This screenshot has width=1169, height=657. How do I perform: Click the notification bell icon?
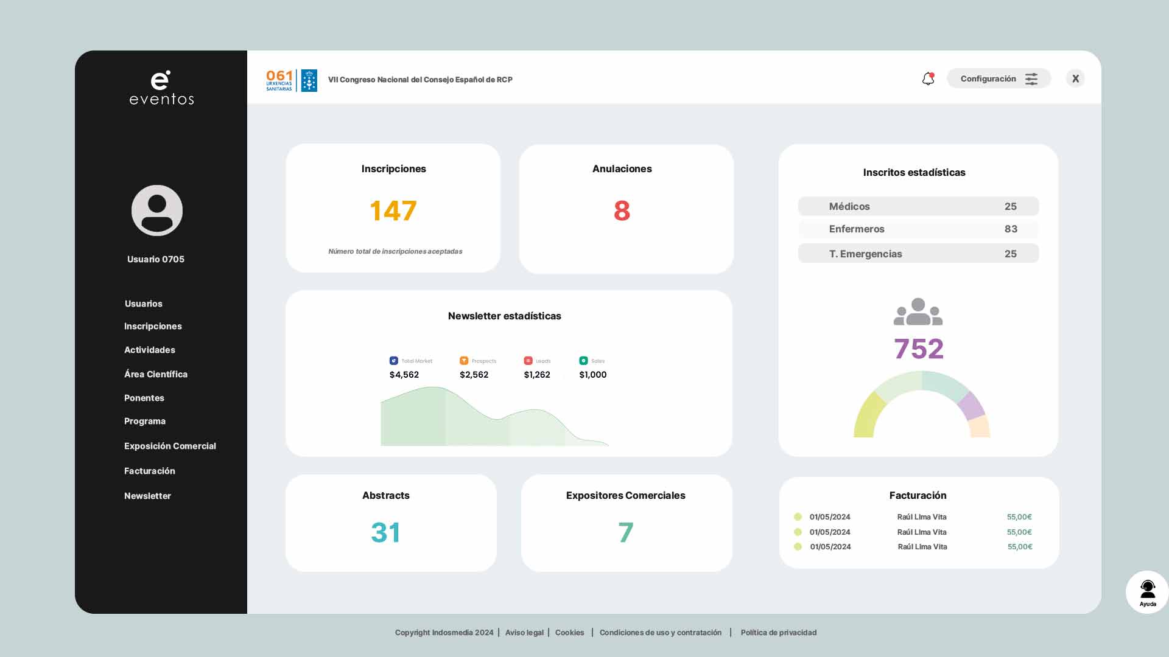(928, 79)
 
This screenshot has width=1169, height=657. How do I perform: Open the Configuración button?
(999, 78)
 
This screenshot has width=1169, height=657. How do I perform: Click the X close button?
(1075, 78)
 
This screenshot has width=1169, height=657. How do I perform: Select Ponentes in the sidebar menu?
(144, 398)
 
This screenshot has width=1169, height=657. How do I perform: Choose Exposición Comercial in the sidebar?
(170, 446)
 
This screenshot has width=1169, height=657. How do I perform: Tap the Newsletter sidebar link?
(147, 496)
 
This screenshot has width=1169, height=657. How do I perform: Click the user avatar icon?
(157, 210)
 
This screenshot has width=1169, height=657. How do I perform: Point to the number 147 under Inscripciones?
(393, 211)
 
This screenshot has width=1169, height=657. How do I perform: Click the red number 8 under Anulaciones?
(622, 211)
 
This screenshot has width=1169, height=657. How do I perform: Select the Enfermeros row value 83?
(1011, 229)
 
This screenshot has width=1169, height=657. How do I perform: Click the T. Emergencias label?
(865, 254)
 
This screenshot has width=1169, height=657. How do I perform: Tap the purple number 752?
(918, 349)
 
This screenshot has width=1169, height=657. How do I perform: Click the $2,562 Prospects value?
(474, 375)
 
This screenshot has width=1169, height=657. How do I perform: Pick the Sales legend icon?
(583, 361)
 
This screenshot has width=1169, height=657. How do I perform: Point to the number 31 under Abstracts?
(385, 532)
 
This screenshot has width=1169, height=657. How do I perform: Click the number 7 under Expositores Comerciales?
(625, 532)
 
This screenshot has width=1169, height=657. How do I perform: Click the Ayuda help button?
(1147, 592)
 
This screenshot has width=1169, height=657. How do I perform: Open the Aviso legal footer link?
(524, 633)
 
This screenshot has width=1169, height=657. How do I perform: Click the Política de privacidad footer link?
(778, 633)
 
